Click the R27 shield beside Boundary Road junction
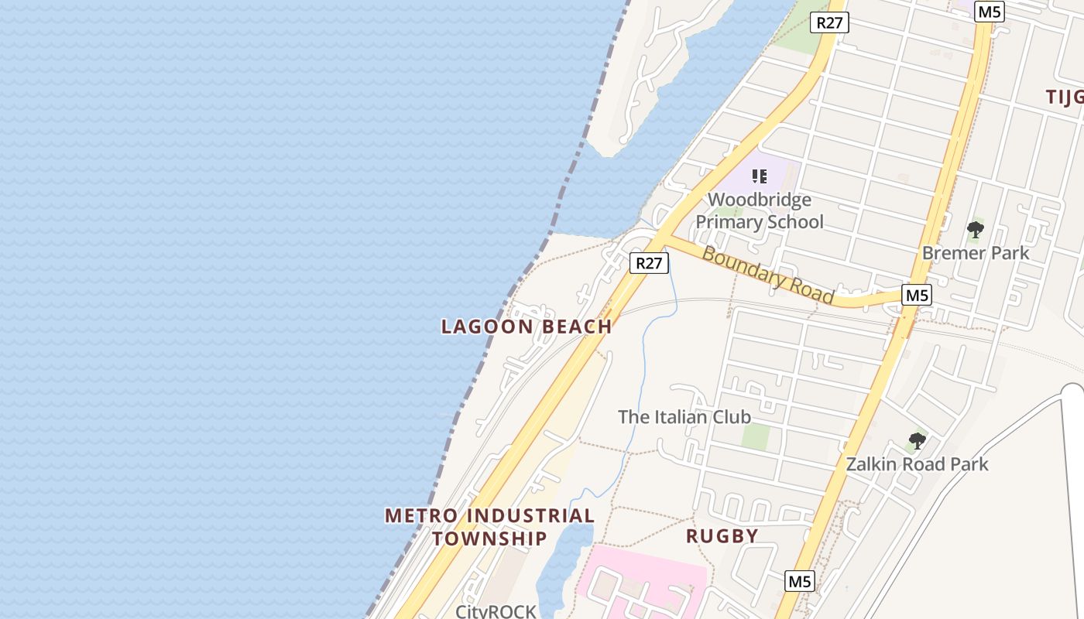click(649, 263)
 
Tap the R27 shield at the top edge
click(828, 22)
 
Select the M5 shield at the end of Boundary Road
click(917, 295)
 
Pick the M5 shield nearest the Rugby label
click(800, 580)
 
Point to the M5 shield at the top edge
click(990, 12)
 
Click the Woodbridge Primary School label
click(759, 211)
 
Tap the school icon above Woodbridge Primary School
click(759, 176)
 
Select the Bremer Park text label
click(975, 253)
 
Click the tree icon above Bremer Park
click(975, 229)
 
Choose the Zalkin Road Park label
click(917, 464)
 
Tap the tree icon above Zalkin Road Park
click(917, 441)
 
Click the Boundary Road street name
click(767, 275)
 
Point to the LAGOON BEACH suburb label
click(527, 327)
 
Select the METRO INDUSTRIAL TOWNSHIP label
click(489, 526)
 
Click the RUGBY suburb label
click(722, 535)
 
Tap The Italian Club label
click(684, 417)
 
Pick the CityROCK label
click(496, 611)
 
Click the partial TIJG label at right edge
click(1064, 97)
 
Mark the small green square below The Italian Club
click(756, 437)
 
